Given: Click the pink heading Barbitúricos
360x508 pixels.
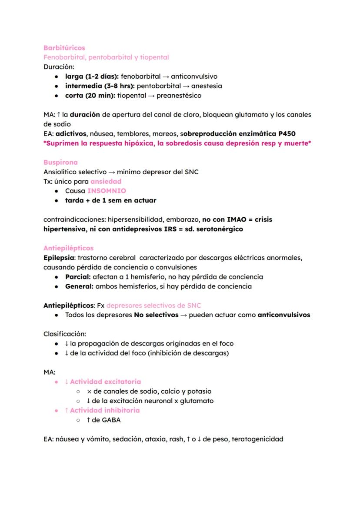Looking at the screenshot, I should click(64, 48).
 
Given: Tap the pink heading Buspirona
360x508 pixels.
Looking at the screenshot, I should click(60, 162).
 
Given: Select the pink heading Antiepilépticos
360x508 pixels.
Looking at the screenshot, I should click(68, 248).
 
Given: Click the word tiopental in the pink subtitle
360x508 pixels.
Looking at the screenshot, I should click(154, 57).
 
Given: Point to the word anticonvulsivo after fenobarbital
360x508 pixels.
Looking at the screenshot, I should click(194, 76).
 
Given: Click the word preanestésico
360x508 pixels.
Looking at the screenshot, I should click(179, 96).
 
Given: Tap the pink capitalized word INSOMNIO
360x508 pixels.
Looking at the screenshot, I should click(107, 191).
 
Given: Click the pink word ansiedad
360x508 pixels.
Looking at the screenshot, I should click(106, 181).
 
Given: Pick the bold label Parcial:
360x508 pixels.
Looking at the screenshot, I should click(78, 277).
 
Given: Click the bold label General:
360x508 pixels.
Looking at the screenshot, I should click(79, 286).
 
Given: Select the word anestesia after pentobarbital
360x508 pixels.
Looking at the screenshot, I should click(207, 86).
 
